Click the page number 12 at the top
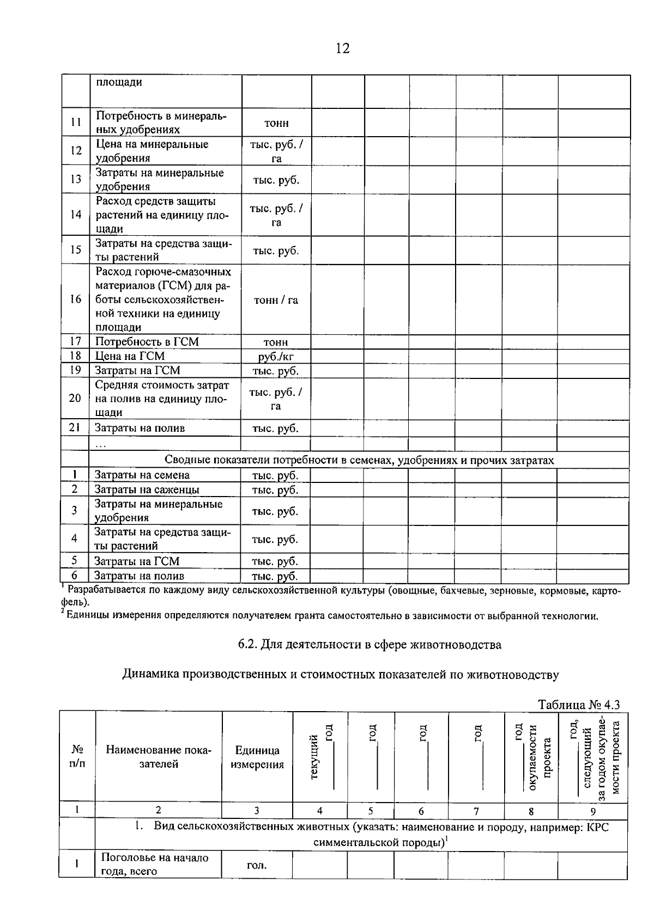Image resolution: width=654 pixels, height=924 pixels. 342,48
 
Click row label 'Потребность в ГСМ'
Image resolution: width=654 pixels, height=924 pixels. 147,342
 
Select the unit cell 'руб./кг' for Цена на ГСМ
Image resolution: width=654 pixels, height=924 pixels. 276,357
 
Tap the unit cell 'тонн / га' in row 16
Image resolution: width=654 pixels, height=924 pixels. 276,300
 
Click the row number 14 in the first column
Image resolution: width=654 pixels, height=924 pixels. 76,215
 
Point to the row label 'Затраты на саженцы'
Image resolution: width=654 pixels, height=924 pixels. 147,489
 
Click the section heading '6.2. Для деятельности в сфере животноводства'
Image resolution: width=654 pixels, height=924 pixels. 370,645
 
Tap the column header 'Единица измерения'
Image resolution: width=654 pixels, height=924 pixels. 257,757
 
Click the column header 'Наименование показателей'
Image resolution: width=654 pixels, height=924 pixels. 159,757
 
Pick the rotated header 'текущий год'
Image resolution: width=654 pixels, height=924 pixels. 320,757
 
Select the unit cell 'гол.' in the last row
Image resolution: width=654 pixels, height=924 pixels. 257,865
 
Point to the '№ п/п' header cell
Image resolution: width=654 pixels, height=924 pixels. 77,757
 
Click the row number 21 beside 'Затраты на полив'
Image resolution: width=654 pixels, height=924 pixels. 75,428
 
